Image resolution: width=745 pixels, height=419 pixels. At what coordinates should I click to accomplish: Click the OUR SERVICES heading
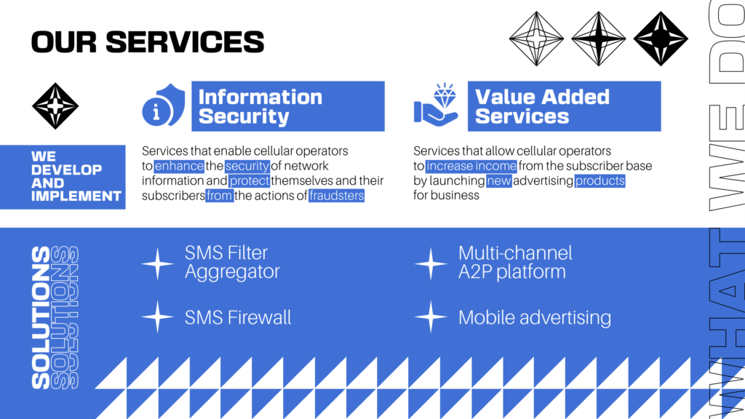[x=147, y=41]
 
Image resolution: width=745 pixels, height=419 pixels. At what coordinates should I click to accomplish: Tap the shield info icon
[x=163, y=105]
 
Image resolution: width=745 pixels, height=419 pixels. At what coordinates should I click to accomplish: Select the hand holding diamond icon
[x=436, y=105]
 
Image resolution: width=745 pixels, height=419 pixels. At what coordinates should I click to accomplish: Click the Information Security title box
[x=288, y=106]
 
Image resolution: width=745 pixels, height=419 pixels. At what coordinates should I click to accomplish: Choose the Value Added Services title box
[x=564, y=106]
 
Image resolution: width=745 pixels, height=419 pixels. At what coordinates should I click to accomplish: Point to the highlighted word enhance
[x=179, y=166]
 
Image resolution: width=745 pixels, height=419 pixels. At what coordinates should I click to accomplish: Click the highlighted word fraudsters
[x=336, y=196]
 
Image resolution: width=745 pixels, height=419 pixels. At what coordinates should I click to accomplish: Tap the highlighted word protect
[x=250, y=180]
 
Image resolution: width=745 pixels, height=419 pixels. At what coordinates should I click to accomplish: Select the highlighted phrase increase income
[x=471, y=166]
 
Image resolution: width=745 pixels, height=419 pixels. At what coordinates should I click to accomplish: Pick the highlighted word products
[x=599, y=180]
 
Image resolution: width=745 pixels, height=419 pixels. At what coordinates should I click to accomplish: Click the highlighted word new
[x=499, y=180]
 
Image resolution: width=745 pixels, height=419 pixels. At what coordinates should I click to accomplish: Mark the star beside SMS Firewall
[x=157, y=317]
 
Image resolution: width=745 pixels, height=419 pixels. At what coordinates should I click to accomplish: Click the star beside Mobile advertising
[x=431, y=317]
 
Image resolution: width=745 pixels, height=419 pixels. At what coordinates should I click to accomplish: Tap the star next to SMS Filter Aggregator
[x=157, y=263]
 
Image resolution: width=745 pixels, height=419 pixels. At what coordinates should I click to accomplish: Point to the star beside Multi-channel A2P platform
[x=431, y=263]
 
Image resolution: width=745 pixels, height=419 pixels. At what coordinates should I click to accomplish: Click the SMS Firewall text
[x=238, y=317]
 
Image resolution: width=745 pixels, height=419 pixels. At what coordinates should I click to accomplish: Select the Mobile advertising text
[x=535, y=317]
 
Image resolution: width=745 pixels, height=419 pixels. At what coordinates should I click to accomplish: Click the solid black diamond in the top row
[x=661, y=39]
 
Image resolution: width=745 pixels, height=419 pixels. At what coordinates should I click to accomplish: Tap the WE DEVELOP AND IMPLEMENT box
[x=63, y=177]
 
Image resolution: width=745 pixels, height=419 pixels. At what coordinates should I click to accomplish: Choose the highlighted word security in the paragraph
[x=247, y=166]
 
